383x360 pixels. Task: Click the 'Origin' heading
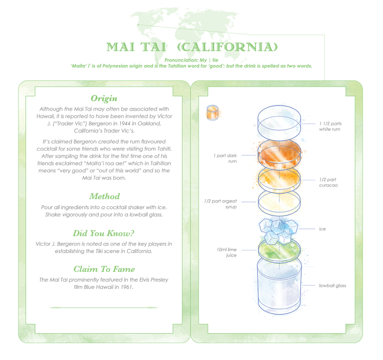coord(104,98)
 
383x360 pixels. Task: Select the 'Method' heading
coord(105,196)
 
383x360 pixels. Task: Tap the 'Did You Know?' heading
coord(104,233)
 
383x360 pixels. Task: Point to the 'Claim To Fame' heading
coord(105,269)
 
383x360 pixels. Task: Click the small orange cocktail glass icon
coord(212,113)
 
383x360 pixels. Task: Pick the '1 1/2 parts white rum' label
coord(330,126)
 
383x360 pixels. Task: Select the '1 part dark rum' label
coord(225,158)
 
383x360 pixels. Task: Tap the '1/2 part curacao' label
coord(328,182)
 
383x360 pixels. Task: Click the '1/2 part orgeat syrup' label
coord(220,204)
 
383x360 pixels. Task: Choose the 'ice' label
coord(322,229)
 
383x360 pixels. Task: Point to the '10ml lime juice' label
coord(227,252)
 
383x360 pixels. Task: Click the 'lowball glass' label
coord(333,286)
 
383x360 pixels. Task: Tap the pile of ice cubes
coord(279,231)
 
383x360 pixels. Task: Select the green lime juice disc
coord(279,249)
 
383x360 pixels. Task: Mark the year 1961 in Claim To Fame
coord(126,287)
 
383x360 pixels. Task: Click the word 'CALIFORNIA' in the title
coord(227,47)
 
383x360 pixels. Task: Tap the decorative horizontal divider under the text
coord(104,307)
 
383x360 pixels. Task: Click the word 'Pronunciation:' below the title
coord(181,60)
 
